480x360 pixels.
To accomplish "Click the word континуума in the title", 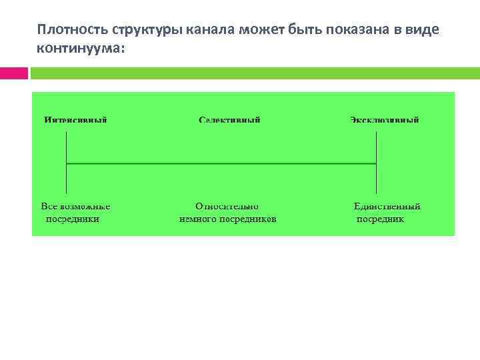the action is click(80, 49).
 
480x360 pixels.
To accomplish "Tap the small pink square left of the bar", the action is click(13, 73).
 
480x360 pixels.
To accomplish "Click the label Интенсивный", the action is click(76, 121).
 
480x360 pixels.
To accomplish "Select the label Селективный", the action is click(230, 121).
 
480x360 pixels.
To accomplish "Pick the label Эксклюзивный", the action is click(385, 121).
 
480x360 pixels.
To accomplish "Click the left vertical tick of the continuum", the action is click(67, 163).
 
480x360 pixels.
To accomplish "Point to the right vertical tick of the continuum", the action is click(377, 163).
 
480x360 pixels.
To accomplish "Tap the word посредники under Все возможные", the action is click(72, 219).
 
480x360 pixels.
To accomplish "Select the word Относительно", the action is click(227, 207).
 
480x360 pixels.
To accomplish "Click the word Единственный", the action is click(387, 207).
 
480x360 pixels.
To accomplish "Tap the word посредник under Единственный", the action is click(380, 219).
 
